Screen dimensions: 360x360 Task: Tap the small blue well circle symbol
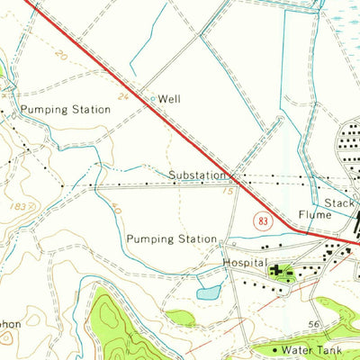(x=153, y=99)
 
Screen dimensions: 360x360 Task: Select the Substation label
(x=195, y=175)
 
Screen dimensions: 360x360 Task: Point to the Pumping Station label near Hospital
(x=172, y=239)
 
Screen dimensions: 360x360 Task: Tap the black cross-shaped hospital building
(x=275, y=268)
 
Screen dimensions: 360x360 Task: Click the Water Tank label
(x=311, y=348)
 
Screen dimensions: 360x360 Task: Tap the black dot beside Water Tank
(x=275, y=347)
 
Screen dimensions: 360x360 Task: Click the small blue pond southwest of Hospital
(x=208, y=292)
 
